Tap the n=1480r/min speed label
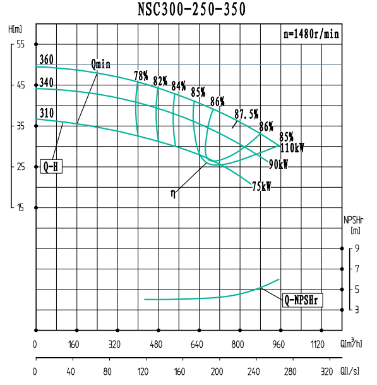[311, 35]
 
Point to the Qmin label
[100, 63]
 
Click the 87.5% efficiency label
[246, 114]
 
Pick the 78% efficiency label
[141, 76]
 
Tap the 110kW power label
[291, 149]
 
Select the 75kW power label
[261, 186]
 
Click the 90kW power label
[278, 164]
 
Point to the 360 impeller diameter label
[46, 60]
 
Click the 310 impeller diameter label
[46, 113]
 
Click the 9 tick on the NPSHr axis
[357, 248]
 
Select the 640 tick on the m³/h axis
[198, 345]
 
